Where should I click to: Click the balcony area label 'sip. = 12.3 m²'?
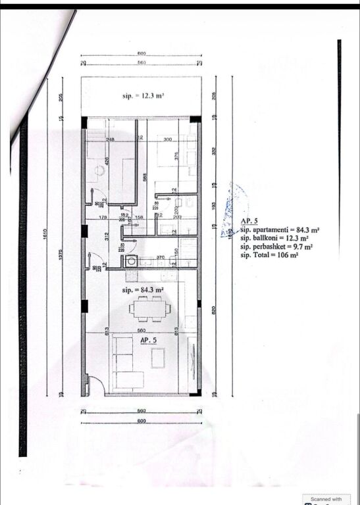pos(143,96)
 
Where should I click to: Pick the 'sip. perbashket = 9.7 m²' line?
pos(276,247)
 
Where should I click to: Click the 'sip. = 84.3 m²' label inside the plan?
pos(143,289)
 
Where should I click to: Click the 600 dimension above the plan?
pos(141,53)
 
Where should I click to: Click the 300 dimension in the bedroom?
pos(167,139)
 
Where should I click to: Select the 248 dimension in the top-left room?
pos(109,139)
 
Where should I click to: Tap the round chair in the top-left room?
pos(99,170)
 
